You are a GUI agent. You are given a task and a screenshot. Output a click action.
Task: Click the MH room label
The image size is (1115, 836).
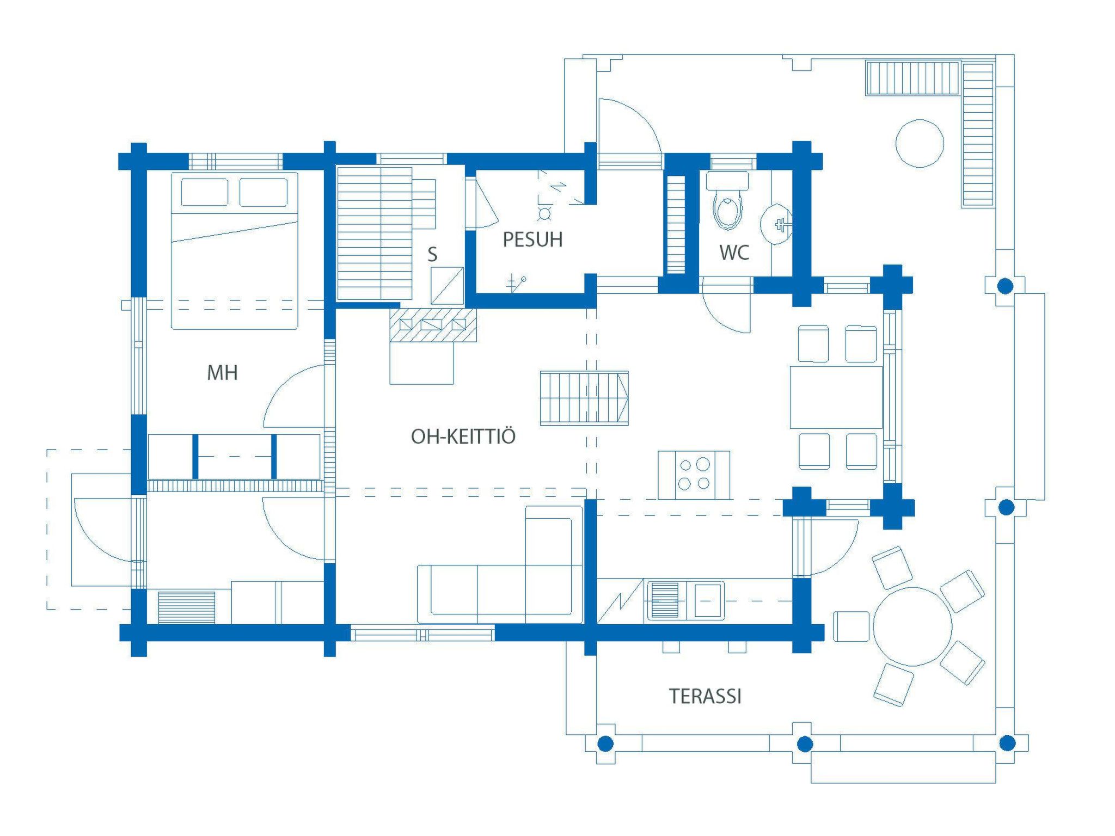pos(222,373)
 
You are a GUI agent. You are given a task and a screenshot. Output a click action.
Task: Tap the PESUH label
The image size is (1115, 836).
pos(532,239)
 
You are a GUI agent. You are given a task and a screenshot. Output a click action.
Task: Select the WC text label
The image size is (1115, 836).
pos(734,253)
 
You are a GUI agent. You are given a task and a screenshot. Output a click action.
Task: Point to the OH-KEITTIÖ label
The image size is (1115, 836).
pos(463,437)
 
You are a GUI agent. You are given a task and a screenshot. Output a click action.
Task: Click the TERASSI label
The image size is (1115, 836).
pos(705,696)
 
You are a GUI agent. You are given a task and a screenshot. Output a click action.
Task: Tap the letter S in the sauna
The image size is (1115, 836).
pos(432,254)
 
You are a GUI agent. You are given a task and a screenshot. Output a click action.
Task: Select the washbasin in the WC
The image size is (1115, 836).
pos(775,224)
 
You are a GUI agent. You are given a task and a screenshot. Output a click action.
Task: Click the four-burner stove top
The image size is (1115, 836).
pos(694,474)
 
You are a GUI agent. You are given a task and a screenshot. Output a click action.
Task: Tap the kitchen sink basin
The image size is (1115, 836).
pos(708,601)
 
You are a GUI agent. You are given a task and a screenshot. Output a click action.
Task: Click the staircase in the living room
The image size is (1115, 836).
pos(584,398)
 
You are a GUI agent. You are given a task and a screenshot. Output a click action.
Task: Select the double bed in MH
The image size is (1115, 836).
pos(235,251)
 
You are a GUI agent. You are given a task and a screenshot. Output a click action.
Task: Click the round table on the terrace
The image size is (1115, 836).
pos(912,626)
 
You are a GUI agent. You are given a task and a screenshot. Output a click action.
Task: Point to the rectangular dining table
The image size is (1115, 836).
pos(836,397)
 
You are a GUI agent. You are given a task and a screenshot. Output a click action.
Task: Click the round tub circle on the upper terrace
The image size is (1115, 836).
pos(920,143)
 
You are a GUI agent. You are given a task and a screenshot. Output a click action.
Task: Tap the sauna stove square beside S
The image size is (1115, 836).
pos(447,285)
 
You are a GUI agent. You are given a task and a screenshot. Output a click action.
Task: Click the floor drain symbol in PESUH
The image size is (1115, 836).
pos(544,213)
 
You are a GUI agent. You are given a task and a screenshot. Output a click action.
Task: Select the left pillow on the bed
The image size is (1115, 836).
pos(204,192)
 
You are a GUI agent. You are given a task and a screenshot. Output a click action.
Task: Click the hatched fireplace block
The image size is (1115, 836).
pos(433,325)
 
